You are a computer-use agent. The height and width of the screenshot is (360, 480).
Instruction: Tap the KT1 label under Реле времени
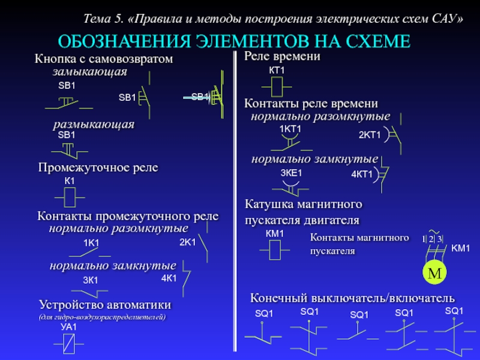(x=276, y=71)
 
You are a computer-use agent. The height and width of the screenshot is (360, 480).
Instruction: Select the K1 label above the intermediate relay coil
(x=70, y=181)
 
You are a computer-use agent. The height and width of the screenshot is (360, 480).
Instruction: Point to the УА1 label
(x=69, y=327)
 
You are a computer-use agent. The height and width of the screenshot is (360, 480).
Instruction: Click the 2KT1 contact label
(x=370, y=134)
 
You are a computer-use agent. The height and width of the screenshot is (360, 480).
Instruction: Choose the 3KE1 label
(x=291, y=173)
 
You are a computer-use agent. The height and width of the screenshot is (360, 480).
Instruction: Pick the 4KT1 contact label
(x=362, y=175)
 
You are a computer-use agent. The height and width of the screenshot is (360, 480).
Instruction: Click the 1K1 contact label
(x=91, y=242)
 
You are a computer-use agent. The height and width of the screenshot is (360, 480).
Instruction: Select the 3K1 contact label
(x=91, y=280)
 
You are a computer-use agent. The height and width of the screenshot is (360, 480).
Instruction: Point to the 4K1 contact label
(x=169, y=278)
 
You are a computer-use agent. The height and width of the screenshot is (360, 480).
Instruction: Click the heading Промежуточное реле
(x=98, y=167)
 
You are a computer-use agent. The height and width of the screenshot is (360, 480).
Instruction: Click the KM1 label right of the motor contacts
(x=460, y=248)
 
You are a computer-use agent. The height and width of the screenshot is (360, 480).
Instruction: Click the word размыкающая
(x=94, y=124)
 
